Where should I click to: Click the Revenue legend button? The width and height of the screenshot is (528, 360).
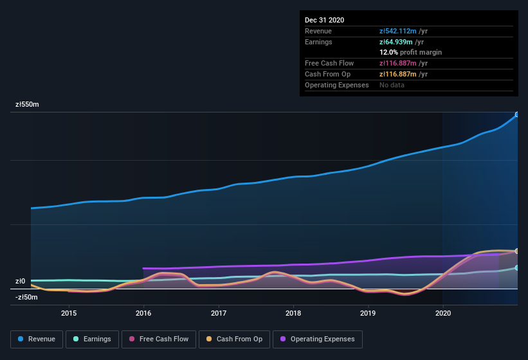click(x=37, y=339)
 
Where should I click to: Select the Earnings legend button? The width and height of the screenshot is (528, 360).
click(x=91, y=339)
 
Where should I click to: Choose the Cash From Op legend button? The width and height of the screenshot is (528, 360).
click(x=233, y=339)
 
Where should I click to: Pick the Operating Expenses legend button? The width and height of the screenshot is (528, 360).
click(x=317, y=339)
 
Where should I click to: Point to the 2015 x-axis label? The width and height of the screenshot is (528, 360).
click(x=69, y=313)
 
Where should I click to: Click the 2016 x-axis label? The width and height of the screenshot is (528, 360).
click(x=143, y=313)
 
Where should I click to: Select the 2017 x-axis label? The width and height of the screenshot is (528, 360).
click(x=219, y=313)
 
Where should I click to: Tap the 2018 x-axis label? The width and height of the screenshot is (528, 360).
click(x=293, y=313)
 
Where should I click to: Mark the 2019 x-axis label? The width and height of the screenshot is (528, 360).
click(x=368, y=313)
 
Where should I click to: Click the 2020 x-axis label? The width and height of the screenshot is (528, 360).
click(x=443, y=313)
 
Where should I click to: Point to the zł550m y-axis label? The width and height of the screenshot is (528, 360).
click(x=27, y=104)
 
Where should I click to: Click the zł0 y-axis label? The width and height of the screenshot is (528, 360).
click(x=20, y=282)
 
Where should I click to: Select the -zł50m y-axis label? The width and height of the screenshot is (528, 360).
click(x=26, y=297)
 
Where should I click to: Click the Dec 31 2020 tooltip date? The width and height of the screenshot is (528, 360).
click(x=325, y=20)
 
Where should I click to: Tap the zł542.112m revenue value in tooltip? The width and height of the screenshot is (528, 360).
click(x=403, y=31)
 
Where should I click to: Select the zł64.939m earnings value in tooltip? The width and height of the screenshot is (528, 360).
click(x=401, y=42)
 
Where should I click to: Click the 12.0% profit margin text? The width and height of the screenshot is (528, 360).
click(x=410, y=52)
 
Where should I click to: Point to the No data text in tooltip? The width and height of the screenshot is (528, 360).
click(x=392, y=85)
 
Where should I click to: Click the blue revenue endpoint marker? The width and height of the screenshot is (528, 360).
click(x=517, y=114)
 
